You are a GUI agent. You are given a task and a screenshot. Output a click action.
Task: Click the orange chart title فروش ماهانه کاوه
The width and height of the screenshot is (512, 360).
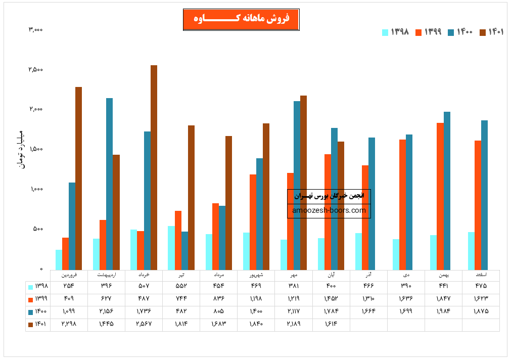tap(241, 19)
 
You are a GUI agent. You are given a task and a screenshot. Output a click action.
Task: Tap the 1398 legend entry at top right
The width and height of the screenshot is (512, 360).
tap(395, 32)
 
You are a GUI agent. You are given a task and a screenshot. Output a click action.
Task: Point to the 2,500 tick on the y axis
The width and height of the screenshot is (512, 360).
tap(35, 69)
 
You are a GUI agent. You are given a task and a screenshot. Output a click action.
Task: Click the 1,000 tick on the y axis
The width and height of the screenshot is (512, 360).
tap(35, 189)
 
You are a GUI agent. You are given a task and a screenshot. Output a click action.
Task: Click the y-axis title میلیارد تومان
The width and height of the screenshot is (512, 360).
tap(21, 149)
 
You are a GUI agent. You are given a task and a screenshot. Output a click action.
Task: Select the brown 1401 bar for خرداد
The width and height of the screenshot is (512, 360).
tap(154, 167)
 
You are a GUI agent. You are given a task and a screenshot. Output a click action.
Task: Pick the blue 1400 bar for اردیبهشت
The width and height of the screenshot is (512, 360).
tap(109, 184)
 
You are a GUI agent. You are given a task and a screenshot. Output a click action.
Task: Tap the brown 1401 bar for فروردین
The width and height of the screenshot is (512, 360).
tap(78, 178)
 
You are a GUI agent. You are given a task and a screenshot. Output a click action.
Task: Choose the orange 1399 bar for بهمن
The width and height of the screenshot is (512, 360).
tap(440, 196)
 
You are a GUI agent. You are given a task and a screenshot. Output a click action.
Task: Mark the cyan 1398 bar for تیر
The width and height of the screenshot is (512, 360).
tap(171, 248)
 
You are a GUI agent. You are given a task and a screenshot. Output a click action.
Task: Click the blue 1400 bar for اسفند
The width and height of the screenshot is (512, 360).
tap(484, 195)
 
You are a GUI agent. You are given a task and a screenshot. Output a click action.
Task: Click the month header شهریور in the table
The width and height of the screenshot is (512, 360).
tap(256, 276)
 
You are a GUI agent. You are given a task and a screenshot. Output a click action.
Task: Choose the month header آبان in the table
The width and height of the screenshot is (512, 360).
tap(331, 276)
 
